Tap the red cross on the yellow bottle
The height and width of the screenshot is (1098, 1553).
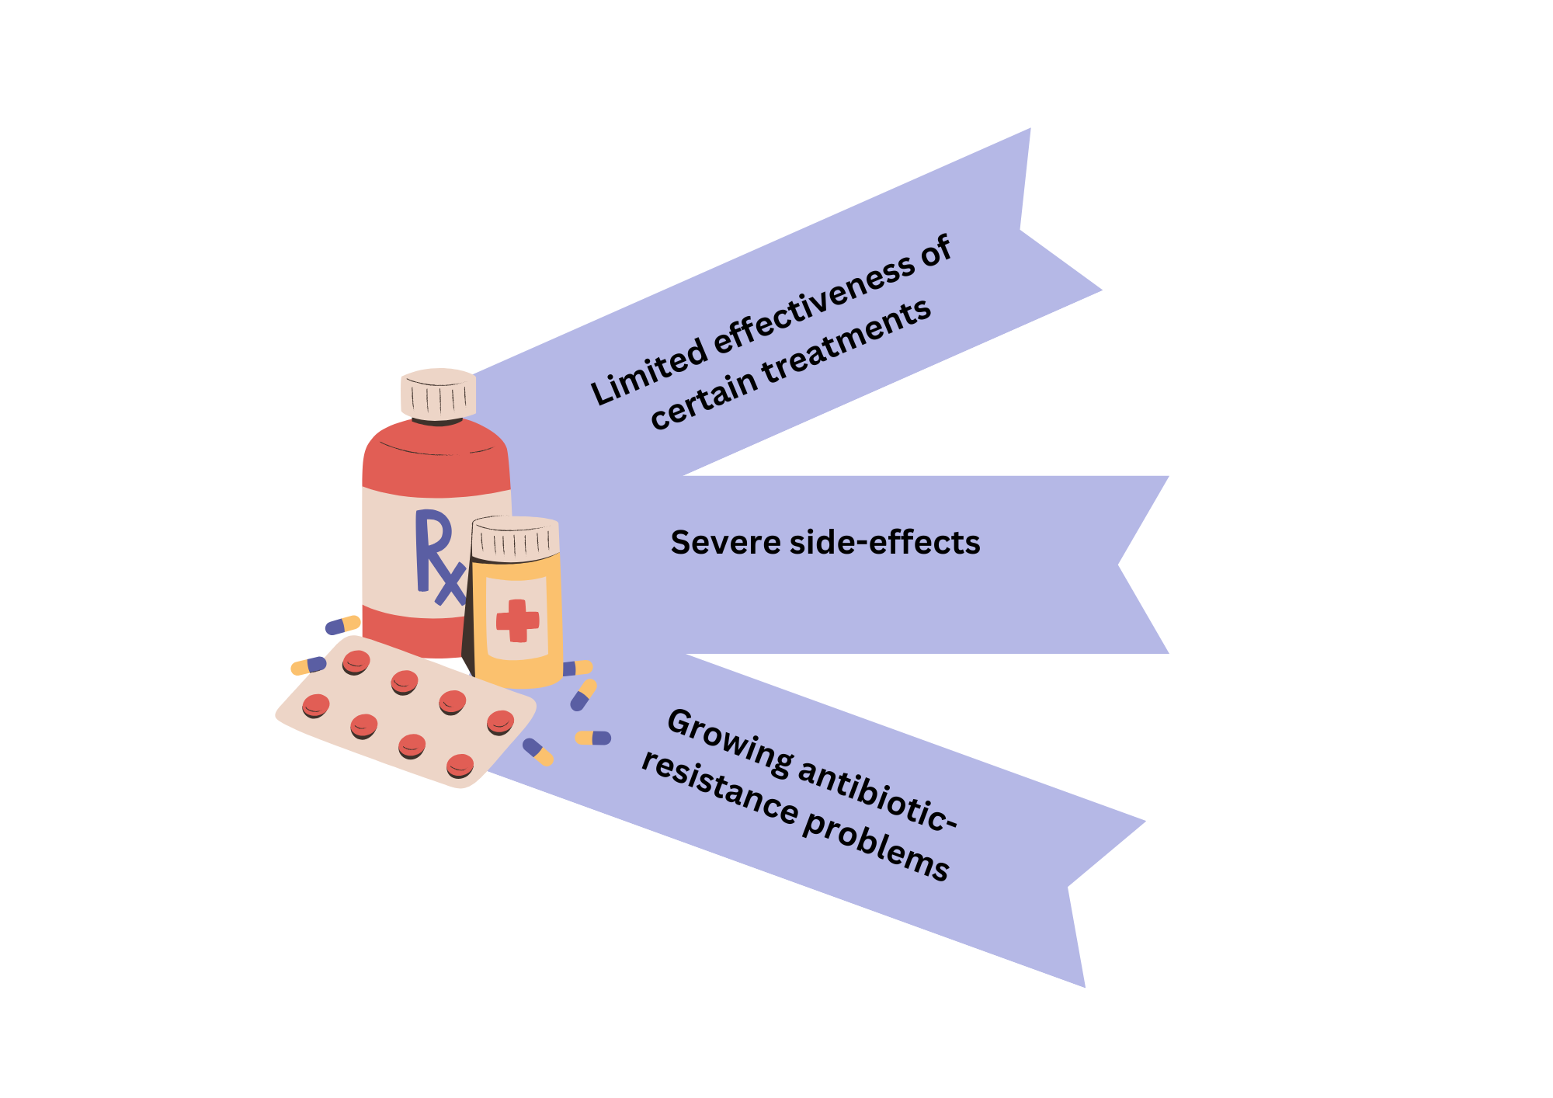pos(517,620)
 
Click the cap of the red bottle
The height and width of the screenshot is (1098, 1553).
pos(438,394)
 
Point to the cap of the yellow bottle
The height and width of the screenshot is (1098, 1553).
pos(516,537)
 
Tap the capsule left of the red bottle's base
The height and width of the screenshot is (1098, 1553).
pos(342,624)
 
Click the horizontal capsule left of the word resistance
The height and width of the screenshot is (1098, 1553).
pos(592,738)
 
